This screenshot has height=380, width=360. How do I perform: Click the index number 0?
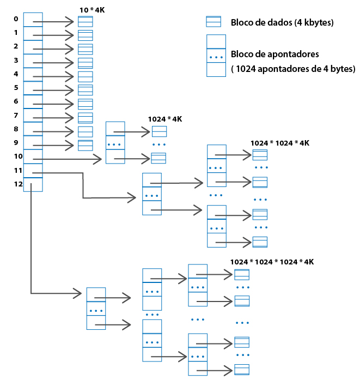(x=16, y=19)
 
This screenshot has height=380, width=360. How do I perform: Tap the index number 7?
(x=16, y=115)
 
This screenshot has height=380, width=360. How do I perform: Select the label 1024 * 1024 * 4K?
(x=280, y=143)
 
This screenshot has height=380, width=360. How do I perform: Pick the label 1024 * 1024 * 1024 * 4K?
(x=272, y=262)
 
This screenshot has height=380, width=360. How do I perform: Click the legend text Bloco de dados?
(x=282, y=22)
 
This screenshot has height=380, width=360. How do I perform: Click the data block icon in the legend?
(x=213, y=22)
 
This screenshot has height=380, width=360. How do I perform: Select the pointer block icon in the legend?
(x=216, y=56)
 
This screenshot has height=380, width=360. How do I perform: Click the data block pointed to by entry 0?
(x=86, y=21)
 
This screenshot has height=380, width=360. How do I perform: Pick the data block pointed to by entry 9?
(x=86, y=145)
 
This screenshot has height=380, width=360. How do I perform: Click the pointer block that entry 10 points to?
(x=115, y=143)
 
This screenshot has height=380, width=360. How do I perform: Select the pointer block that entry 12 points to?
(x=96, y=309)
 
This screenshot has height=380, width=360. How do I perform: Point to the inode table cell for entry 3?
(x=33, y=61)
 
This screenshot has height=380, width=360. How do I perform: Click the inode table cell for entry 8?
(x=33, y=129)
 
